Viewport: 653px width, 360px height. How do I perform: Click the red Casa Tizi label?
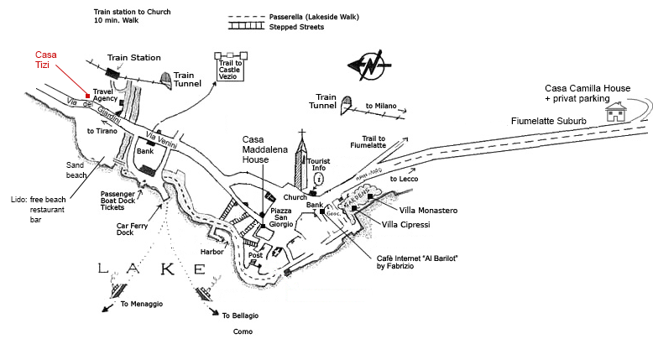46,60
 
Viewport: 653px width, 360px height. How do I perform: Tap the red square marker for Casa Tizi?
87,95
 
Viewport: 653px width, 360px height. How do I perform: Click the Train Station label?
133,57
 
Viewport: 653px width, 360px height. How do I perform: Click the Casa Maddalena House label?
262,149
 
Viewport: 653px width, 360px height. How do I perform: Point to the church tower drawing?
301,164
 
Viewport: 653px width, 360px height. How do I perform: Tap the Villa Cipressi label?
406,225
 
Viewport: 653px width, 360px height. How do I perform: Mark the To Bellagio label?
240,315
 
